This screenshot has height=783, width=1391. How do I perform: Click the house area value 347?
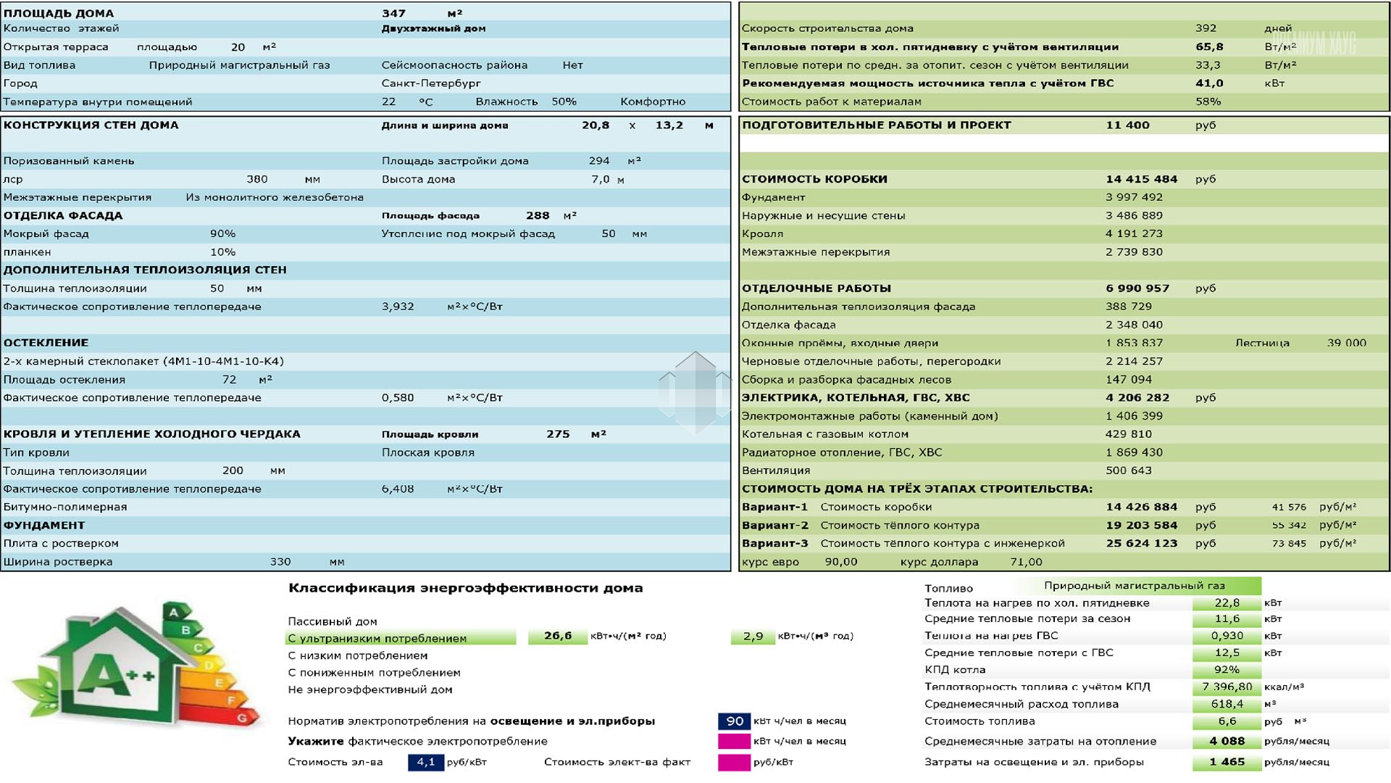[393, 13]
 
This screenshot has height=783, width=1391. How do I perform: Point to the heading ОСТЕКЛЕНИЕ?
[46, 343]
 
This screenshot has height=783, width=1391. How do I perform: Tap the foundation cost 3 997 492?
[1134, 197]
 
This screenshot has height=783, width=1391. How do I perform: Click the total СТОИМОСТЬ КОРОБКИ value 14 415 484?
[1141, 179]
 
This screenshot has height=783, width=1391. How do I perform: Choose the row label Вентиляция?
[776, 471]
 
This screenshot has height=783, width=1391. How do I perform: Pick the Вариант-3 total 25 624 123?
[1141, 544]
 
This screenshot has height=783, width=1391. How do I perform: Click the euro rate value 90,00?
[840, 562]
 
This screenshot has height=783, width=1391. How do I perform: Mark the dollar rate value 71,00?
[1026, 562]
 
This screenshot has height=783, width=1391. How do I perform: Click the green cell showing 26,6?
[557, 636]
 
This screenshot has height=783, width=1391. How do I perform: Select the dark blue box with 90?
[734, 721]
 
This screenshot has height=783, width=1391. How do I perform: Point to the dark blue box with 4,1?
[425, 762]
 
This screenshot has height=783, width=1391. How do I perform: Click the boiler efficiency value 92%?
[1227, 670]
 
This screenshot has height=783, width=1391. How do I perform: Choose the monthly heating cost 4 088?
[1227, 741]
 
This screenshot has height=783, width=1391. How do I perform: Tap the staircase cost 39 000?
[1346, 343]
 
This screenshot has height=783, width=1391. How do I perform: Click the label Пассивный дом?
[332, 621]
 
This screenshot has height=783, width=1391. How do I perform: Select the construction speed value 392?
[1206, 28]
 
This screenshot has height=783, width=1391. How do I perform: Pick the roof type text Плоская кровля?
[427, 452]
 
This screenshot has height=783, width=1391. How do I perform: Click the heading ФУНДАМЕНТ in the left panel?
[44, 526]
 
